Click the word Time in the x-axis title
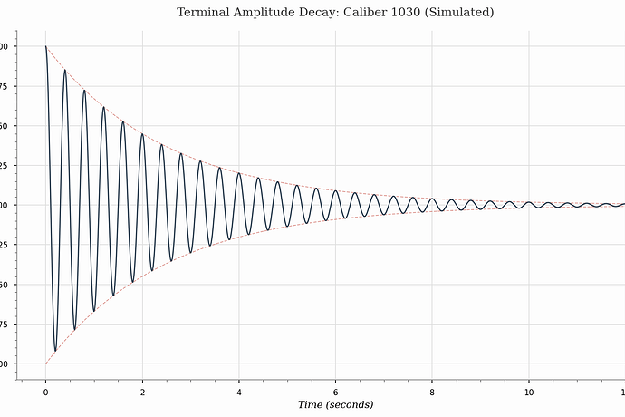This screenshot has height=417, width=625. [312, 404]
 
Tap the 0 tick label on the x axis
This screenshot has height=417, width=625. [45, 393]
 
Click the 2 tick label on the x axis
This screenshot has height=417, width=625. [142, 393]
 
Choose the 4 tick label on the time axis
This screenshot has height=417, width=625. [239, 393]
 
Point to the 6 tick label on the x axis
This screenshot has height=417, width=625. [336, 393]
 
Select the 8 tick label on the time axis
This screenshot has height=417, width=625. [432, 393]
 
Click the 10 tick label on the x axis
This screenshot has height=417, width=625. [529, 393]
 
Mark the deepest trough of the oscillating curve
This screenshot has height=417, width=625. [55, 351]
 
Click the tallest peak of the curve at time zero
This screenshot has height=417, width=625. [45, 46]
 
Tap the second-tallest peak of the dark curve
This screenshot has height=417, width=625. [64, 70]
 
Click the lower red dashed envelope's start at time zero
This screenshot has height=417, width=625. [45, 364]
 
